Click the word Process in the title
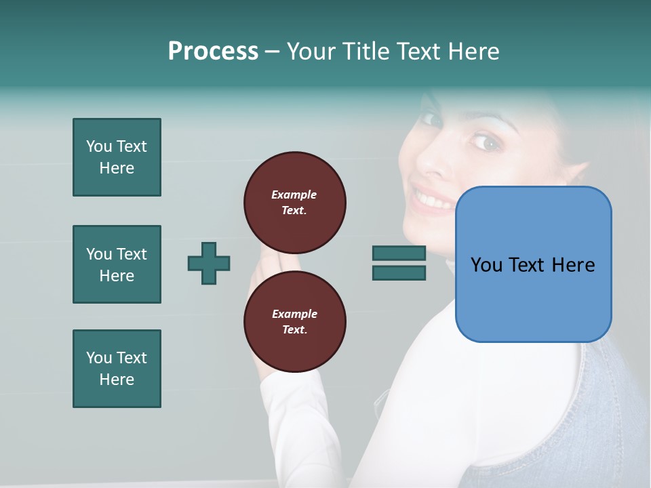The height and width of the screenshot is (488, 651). click(x=213, y=52)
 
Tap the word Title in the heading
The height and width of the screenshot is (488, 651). click(x=365, y=52)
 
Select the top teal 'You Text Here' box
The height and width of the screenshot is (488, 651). click(x=117, y=157)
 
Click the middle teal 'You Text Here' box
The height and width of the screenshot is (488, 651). click(x=117, y=264)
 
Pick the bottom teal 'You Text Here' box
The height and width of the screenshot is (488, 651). click(x=117, y=369)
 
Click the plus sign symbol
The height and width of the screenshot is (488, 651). click(x=209, y=263)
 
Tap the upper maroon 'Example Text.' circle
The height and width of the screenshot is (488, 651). click(x=294, y=202)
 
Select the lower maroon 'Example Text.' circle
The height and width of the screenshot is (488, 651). click(x=294, y=321)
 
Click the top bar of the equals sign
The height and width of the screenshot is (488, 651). click(x=399, y=253)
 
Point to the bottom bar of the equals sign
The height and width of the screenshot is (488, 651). click(x=399, y=273)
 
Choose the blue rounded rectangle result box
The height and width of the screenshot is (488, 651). click(x=533, y=264)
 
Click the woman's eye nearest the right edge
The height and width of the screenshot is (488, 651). click(x=485, y=142)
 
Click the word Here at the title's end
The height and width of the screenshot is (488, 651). click(x=473, y=52)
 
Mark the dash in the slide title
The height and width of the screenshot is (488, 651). click(x=272, y=52)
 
